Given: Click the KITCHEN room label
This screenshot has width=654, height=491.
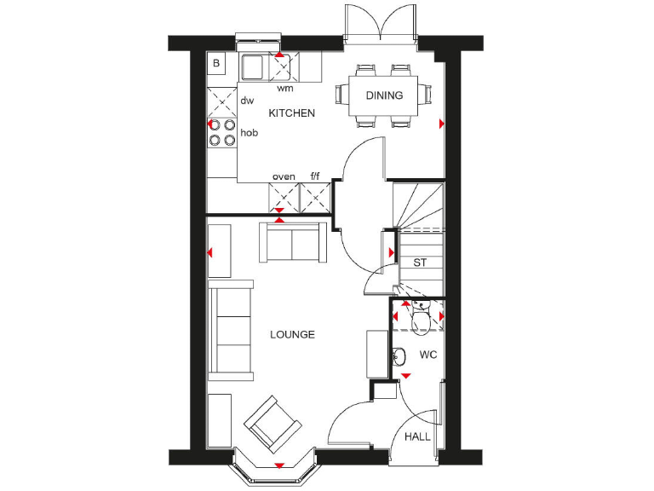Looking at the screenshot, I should [292, 113].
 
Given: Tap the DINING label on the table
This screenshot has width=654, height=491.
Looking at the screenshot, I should [384, 95].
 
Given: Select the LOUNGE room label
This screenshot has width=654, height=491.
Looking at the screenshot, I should [292, 335].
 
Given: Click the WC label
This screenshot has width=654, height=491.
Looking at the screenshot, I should [427, 354].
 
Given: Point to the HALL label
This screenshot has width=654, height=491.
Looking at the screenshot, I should [417, 436].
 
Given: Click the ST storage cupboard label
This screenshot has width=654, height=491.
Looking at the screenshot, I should [420, 263].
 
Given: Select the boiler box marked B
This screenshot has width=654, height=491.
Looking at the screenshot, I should [216, 63].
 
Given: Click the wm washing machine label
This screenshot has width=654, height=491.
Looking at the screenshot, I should [284, 88].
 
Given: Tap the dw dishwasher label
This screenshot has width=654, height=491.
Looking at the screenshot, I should [247, 101].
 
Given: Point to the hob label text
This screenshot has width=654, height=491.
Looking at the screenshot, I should [249, 133].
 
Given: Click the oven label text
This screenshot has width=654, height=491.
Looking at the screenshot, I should [284, 177].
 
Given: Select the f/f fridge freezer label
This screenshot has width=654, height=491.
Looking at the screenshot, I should [315, 177].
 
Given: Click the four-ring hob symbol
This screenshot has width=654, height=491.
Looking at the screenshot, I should [222, 132].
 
